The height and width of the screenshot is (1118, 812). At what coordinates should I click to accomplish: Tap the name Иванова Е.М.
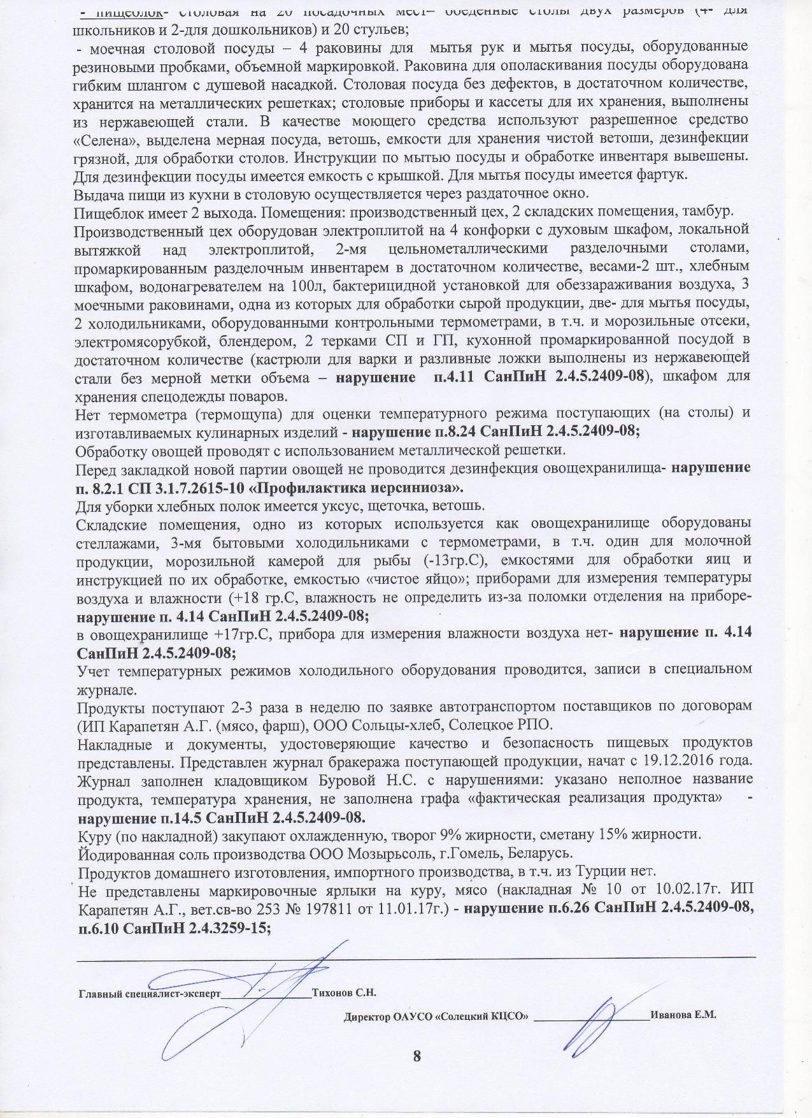[x=683, y=1015]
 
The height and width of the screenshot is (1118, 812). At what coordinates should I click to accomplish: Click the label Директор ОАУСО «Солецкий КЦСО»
[x=436, y=1015]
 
